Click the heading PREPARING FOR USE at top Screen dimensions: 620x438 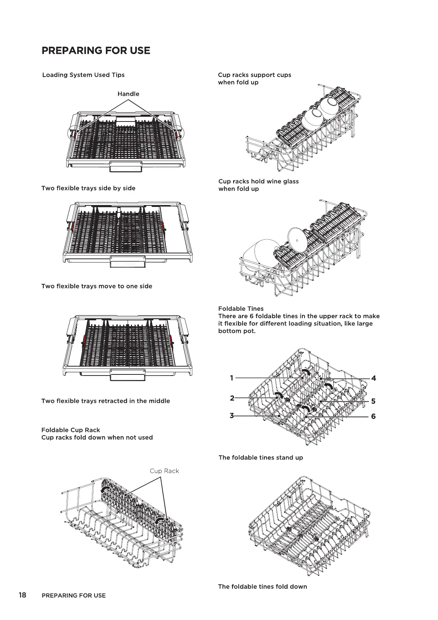[96, 50]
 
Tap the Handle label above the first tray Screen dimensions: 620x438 [128, 94]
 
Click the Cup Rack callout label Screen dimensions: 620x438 [164, 471]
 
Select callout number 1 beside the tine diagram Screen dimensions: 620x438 [232, 378]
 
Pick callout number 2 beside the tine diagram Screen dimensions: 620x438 [232, 398]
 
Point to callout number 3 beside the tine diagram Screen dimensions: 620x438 [232, 416]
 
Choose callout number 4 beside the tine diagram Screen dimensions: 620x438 [374, 378]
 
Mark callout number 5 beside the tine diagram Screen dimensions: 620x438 [373, 401]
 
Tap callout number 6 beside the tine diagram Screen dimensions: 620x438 [373, 416]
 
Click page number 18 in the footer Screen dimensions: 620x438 [22, 595]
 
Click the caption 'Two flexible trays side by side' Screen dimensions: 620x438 [88, 188]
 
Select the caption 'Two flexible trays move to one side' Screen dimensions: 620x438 [97, 286]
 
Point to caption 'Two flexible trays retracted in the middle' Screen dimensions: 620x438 [106, 401]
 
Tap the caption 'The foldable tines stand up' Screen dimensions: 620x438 [261, 458]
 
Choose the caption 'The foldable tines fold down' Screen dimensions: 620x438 [263, 586]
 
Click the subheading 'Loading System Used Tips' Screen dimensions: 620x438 [83, 75]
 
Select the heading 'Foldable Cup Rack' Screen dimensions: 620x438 [71, 430]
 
